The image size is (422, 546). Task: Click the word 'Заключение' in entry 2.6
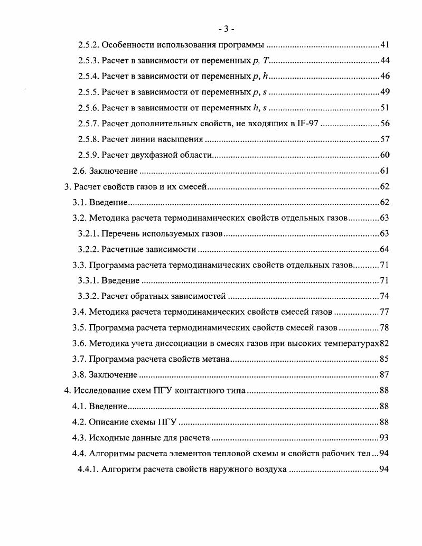113,171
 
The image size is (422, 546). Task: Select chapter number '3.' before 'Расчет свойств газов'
67,187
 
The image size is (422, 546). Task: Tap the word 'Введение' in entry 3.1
109,202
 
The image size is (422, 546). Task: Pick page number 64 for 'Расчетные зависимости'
385,249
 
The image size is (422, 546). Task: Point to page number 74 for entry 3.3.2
385,296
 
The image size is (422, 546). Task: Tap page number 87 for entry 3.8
385,375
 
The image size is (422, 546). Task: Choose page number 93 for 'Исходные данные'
385,438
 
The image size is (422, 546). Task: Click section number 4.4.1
88,469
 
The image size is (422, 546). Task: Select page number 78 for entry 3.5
385,327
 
